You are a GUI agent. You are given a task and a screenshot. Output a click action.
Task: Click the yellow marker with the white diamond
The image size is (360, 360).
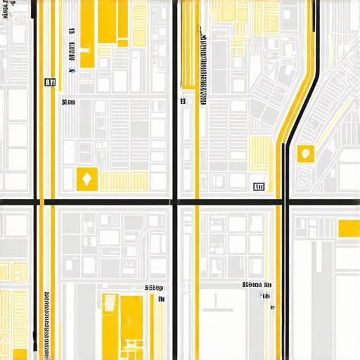(86, 179)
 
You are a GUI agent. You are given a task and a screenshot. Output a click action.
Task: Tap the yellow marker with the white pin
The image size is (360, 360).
(304, 153)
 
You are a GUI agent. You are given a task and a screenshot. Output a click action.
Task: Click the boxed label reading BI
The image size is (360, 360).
(49, 82)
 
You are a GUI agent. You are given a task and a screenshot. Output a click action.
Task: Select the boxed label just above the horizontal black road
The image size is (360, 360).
(258, 186)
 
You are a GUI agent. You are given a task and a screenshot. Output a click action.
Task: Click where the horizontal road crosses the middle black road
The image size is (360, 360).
(175, 202)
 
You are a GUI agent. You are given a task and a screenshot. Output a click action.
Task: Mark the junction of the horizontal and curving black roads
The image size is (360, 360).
(285, 202)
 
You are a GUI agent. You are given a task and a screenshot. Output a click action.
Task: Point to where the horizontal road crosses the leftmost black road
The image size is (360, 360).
(37, 202)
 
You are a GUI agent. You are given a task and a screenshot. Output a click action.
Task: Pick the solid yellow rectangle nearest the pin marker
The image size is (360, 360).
(349, 229)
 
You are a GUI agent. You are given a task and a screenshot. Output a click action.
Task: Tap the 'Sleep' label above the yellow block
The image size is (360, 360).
(154, 288)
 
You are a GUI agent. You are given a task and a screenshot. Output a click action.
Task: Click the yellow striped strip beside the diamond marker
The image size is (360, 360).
(123, 181)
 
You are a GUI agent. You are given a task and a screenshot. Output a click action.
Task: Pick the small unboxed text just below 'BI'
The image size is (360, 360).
(68, 103)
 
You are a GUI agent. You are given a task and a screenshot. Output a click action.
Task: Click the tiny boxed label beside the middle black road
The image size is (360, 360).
(184, 101)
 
